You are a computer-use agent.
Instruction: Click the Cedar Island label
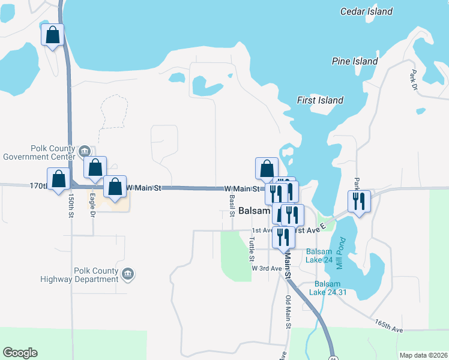click(366, 11)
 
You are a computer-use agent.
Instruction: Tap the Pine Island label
click(355, 61)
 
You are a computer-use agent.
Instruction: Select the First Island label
click(320, 101)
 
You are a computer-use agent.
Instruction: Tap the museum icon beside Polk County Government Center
click(85, 151)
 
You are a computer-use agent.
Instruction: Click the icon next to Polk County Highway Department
click(127, 274)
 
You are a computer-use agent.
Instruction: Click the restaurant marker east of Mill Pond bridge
click(359, 202)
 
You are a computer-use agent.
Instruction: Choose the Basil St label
click(232, 202)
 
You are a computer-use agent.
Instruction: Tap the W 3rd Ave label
click(267, 268)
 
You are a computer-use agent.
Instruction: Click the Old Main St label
click(289, 312)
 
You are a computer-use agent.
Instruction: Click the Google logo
click(20, 353)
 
